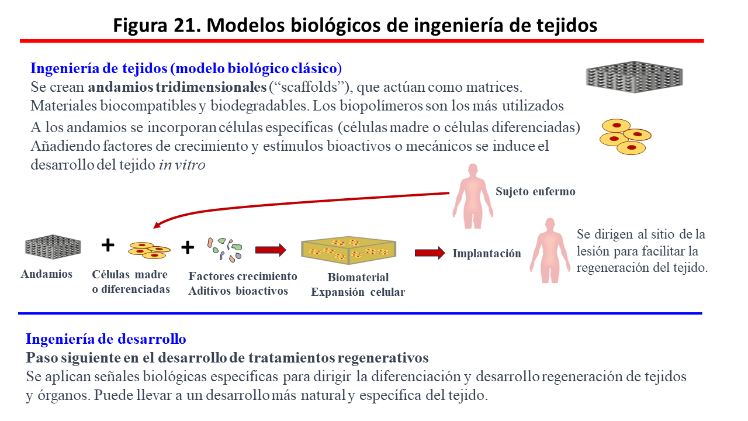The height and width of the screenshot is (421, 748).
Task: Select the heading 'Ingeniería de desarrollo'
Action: tap(106, 339)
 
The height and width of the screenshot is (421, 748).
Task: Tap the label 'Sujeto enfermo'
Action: tap(535, 191)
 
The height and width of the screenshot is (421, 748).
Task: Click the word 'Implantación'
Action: tap(487, 253)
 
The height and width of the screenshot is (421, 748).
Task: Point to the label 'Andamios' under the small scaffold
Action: tap(47, 274)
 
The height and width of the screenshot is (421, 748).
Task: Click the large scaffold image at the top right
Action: tap(634, 77)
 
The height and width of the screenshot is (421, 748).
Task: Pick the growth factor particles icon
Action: tap(224, 249)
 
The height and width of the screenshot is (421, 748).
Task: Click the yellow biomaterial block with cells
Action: tap(349, 252)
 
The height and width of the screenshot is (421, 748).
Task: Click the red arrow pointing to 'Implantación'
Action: tap(430, 253)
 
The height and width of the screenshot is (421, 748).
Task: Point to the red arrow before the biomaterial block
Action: tap(271, 250)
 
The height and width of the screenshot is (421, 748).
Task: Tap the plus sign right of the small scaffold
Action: tap(108, 245)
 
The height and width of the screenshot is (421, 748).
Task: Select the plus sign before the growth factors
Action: tap(187, 247)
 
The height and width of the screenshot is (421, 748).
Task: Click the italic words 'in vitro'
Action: tap(182, 165)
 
